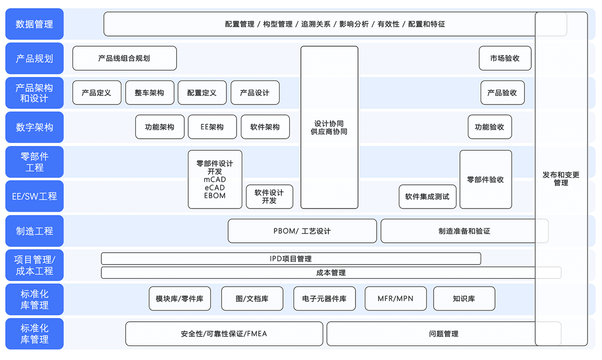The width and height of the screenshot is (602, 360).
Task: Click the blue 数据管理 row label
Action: click(34, 24)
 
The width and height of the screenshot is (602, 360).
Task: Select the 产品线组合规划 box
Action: click(124, 58)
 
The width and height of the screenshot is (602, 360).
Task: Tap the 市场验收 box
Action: click(505, 58)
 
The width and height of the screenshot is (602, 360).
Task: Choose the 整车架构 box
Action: click(150, 93)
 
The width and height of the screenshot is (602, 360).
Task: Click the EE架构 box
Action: click(212, 127)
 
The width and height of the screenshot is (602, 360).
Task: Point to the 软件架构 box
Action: click(265, 127)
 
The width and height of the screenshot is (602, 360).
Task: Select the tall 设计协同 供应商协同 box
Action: click(329, 128)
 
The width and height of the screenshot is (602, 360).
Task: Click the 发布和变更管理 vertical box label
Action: click(561, 179)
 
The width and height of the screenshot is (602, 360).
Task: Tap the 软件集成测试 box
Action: click(427, 197)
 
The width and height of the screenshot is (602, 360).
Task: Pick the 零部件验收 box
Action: click(485, 179)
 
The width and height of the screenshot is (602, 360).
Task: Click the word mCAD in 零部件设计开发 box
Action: click(215, 180)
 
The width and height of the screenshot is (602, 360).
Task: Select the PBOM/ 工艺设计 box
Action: click(302, 231)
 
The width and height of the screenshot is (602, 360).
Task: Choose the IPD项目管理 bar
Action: click(291, 259)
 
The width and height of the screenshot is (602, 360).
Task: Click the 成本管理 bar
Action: click(331, 272)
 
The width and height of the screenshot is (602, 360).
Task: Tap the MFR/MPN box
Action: click(396, 299)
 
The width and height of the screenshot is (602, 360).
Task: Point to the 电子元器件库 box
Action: click(324, 299)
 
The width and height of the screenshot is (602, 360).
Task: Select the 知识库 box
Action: click(464, 299)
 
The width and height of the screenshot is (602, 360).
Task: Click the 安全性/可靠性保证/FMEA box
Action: click(224, 334)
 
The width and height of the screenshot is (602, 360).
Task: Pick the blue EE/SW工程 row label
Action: click(34, 196)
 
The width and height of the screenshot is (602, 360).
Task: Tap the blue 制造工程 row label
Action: click(34, 231)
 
